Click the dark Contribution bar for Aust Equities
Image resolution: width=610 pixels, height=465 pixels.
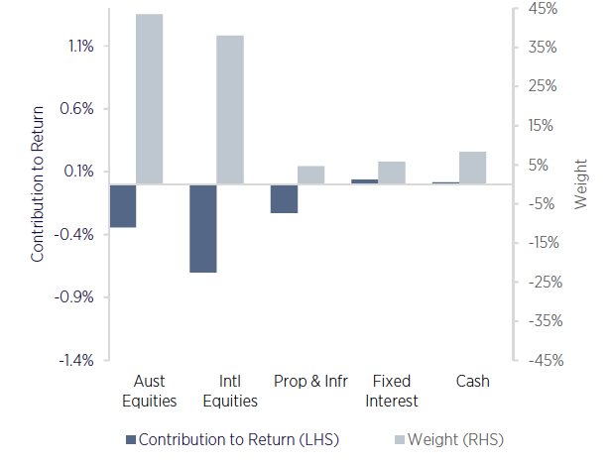point(122,206)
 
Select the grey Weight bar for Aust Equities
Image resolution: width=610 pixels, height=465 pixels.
point(149,99)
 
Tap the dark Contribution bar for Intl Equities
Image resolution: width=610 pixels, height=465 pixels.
point(202,228)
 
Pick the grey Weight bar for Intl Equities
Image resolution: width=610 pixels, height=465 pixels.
point(230,110)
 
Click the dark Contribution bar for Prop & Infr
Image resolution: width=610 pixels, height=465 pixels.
point(284,198)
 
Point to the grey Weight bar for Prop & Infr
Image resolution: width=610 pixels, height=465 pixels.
point(310,174)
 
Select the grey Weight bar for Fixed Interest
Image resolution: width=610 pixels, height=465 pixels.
point(392,173)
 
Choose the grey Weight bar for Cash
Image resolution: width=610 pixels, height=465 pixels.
point(472,168)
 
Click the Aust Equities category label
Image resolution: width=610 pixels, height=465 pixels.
point(149,391)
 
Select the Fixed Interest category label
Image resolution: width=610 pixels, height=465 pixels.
point(391,391)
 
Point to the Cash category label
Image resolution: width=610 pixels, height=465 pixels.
point(472,381)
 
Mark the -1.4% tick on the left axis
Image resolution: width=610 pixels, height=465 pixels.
point(77,360)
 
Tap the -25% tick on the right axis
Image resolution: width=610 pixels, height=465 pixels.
point(544,282)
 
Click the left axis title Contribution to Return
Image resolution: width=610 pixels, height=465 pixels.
point(39,183)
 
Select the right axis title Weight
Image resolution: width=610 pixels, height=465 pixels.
point(581,183)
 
